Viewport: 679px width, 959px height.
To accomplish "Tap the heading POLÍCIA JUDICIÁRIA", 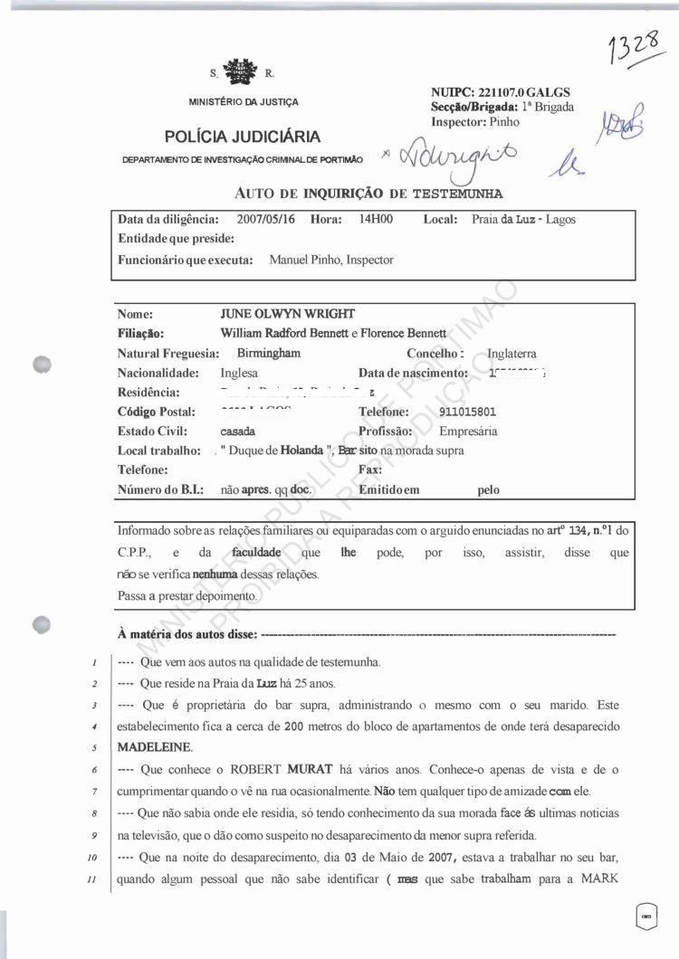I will coord(243,137).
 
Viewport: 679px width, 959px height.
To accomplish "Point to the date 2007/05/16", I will coord(266,219).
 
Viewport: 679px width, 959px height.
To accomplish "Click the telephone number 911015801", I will coord(464,413).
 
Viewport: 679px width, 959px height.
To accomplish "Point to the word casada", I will coord(237,432).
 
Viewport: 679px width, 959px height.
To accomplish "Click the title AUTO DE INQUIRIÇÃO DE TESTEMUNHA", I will coord(368,193).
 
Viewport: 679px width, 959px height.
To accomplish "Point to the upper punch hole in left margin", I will coord(41,366).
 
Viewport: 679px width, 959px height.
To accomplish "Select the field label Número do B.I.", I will coord(160,489).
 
